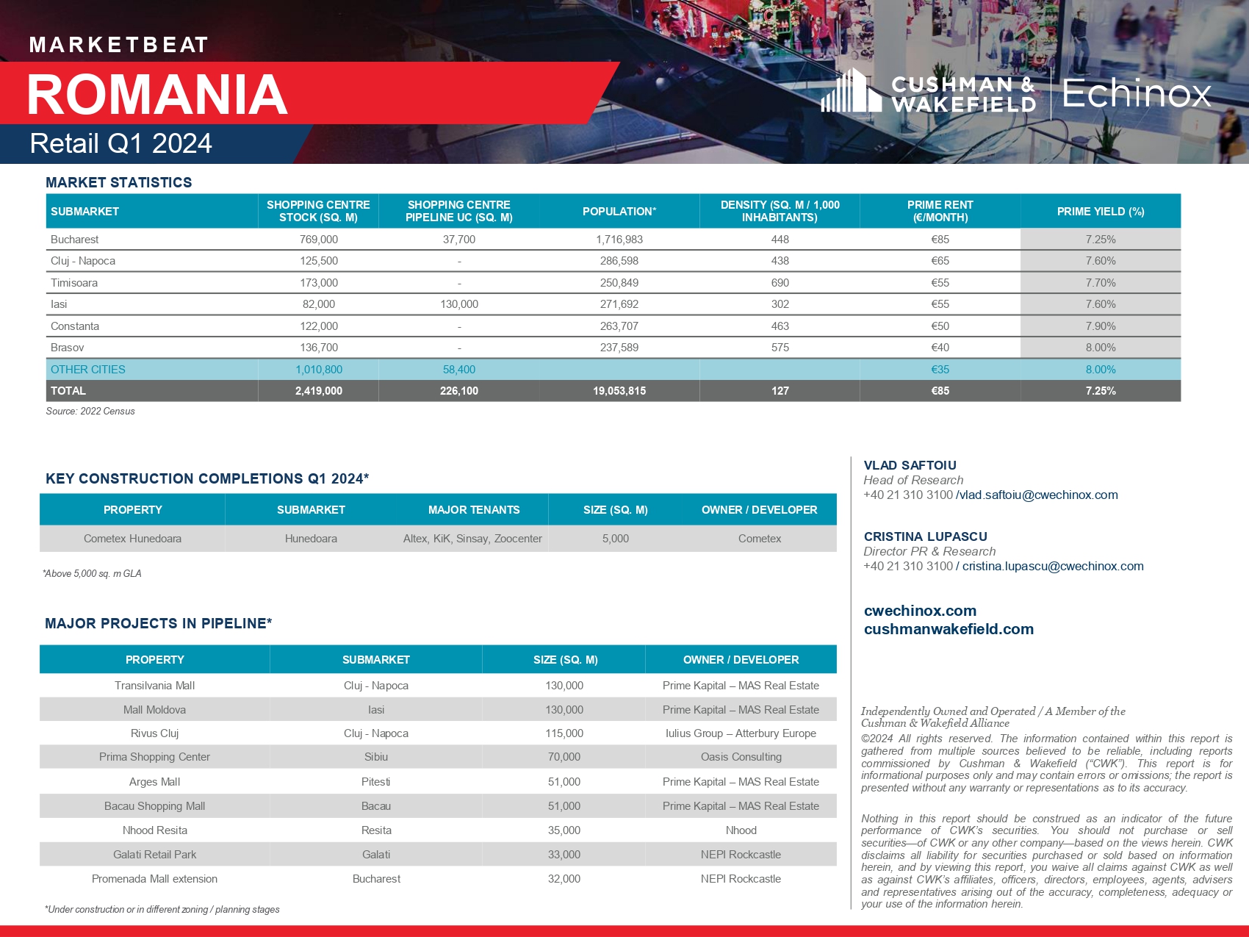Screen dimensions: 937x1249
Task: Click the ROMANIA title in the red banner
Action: pos(157,95)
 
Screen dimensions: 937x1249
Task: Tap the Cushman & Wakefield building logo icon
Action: pos(851,91)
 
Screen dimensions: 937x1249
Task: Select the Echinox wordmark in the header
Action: pos(1136,93)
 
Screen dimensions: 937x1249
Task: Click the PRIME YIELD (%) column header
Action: pos(1100,212)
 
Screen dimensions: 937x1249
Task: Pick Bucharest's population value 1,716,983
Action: pos(619,240)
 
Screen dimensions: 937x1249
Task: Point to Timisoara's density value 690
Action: pos(780,283)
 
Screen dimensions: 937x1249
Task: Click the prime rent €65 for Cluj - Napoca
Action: pos(940,261)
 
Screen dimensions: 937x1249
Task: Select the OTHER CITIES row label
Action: pos(88,370)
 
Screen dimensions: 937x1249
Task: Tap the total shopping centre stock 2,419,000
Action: pos(318,391)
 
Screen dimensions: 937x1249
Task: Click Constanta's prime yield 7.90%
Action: pos(1100,326)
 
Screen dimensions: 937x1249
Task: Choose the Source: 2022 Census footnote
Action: pos(90,412)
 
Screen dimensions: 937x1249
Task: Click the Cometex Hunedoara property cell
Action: pos(132,539)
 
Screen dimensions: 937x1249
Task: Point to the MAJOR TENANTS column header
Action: pos(474,510)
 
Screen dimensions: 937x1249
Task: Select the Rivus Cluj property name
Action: pos(154,733)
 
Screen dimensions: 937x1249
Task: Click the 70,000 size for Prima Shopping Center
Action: pos(564,757)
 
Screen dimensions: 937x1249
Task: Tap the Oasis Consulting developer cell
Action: pos(741,757)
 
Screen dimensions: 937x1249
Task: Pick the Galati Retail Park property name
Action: pos(154,855)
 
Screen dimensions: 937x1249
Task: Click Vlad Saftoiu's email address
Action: pos(1038,495)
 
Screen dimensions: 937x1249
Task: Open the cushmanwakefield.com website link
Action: pos(949,629)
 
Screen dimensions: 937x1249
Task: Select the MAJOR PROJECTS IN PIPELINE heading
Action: pos(158,624)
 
